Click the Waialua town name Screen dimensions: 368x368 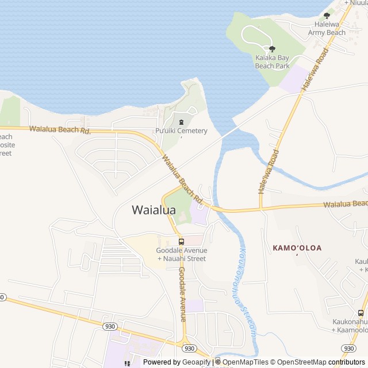(154, 210)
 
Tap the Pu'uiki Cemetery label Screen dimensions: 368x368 (181, 131)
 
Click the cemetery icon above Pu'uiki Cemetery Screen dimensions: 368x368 (182, 121)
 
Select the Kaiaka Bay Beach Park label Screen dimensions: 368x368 (272, 62)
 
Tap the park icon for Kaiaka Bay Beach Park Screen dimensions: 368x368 (272, 49)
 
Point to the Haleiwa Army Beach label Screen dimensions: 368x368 (327, 29)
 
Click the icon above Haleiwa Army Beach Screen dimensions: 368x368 (327, 16)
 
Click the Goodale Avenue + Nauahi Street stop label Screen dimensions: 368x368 (181, 254)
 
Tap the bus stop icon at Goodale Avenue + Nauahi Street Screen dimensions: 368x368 (181, 241)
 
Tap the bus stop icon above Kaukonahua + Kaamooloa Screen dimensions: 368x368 (361, 313)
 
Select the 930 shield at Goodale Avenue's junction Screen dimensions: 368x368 (189, 348)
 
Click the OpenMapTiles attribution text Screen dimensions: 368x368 (246, 362)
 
